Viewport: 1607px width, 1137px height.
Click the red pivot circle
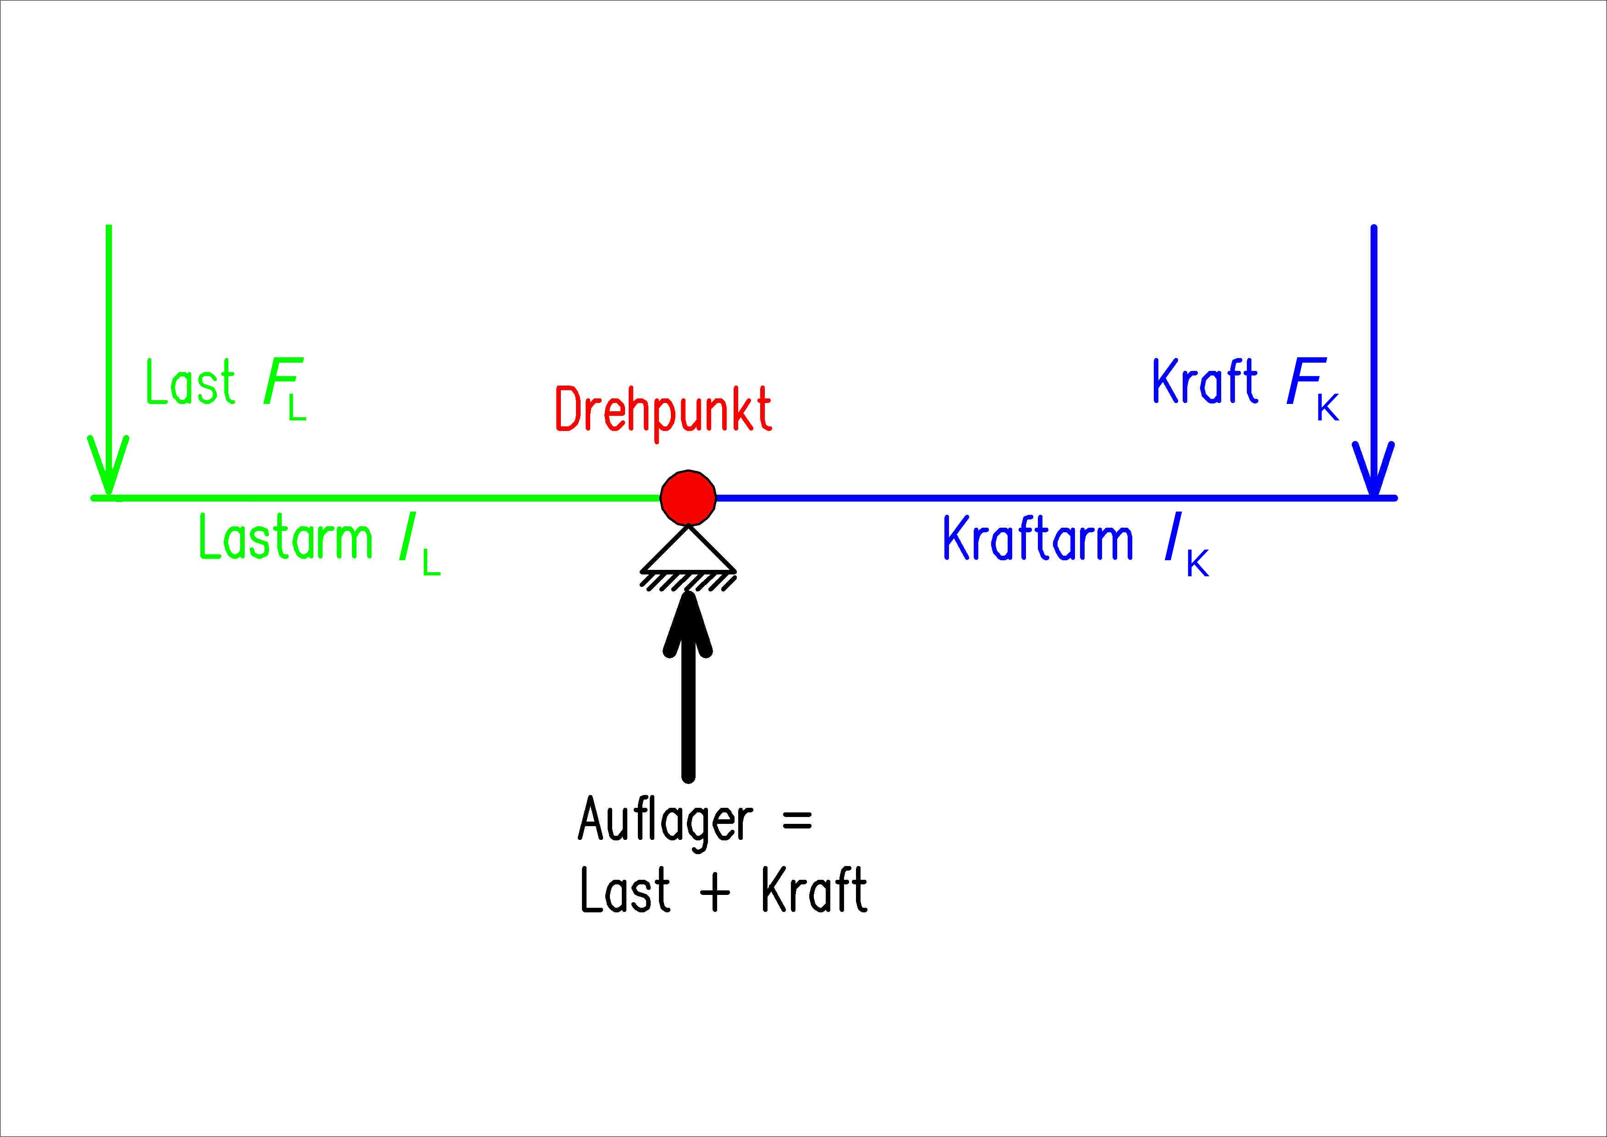point(688,497)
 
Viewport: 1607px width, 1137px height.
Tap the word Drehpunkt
point(663,410)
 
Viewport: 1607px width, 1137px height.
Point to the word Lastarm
point(285,538)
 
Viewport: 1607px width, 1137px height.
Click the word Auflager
point(665,820)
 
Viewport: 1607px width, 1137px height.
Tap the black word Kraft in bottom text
point(814,890)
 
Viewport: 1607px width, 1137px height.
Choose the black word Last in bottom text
point(625,890)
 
